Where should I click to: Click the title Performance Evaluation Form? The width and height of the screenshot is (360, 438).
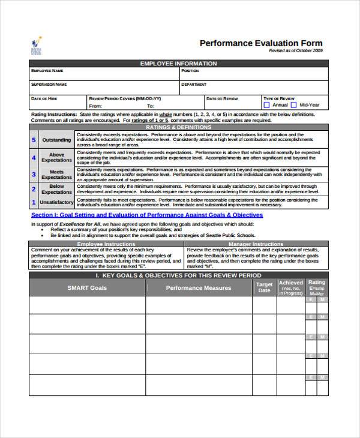coord(261,43)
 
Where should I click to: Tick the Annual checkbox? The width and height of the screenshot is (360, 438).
coord(266,105)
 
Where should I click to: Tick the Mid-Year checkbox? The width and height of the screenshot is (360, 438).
coord(295,105)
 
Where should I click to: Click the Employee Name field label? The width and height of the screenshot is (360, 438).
coord(47,71)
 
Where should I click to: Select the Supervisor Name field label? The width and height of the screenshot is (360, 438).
coord(49,85)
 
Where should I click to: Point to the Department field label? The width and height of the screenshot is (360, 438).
coord(194,85)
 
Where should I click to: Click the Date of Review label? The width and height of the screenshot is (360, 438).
coord(222,98)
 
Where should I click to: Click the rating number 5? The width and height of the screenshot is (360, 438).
coord(34,140)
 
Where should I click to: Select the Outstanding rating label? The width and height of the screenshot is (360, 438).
coord(56,140)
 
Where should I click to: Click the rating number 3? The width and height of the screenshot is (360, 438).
coord(34,174)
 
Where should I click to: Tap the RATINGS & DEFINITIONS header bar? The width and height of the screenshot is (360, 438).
coord(178,127)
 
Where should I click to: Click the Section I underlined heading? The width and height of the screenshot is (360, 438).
coord(147,214)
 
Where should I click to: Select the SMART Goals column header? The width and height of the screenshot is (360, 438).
coord(87,288)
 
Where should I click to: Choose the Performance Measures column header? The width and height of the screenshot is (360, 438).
coord(199,288)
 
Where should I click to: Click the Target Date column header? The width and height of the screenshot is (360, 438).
coord(264,287)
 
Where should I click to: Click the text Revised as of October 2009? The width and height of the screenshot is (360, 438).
coord(295,52)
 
